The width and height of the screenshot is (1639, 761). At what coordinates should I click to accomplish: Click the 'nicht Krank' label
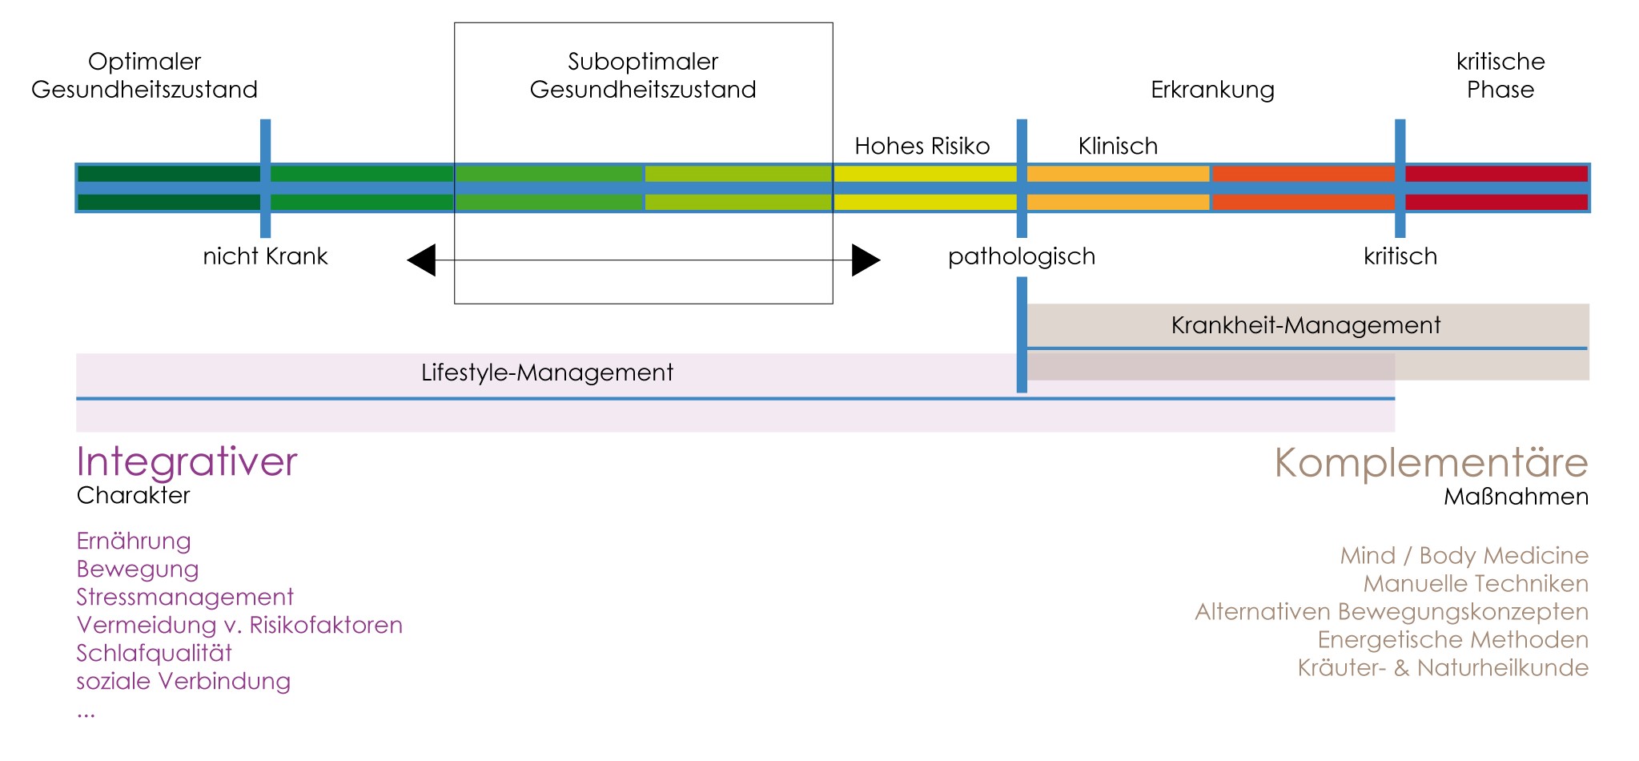pyautogui.click(x=265, y=256)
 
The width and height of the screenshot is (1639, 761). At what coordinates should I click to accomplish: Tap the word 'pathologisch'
pyautogui.click(x=1021, y=256)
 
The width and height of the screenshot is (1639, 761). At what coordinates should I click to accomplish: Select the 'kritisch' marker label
pyautogui.click(x=1400, y=256)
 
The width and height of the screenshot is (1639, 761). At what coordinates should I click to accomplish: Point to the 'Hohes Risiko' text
pyautogui.click(x=922, y=146)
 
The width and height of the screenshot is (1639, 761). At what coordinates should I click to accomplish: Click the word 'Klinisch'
pyautogui.click(x=1117, y=146)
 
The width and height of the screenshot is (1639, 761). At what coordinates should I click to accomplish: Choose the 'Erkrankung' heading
pyautogui.click(x=1211, y=90)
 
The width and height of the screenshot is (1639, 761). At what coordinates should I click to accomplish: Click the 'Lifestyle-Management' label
pyautogui.click(x=547, y=372)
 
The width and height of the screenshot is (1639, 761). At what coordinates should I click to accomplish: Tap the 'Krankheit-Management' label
pyautogui.click(x=1305, y=325)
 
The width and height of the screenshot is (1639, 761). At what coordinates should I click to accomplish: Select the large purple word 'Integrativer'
pyautogui.click(x=187, y=461)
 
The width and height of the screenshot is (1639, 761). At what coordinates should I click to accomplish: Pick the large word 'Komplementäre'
pyautogui.click(x=1431, y=462)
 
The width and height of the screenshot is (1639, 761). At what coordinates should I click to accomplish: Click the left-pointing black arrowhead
pyautogui.click(x=422, y=260)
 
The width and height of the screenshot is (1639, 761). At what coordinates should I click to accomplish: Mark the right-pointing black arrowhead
pyautogui.click(x=865, y=260)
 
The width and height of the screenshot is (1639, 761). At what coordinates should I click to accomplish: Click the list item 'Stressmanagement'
pyautogui.click(x=185, y=597)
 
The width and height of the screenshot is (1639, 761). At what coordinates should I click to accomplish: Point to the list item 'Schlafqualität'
pyautogui.click(x=154, y=653)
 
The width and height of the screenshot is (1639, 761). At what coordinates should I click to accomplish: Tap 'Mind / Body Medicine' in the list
pyautogui.click(x=1464, y=555)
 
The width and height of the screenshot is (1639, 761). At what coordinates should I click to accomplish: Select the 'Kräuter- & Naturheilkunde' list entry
pyautogui.click(x=1442, y=667)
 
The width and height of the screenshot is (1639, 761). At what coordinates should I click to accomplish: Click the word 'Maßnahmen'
pyautogui.click(x=1516, y=497)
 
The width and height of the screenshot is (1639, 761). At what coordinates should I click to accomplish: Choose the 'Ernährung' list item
pyautogui.click(x=134, y=541)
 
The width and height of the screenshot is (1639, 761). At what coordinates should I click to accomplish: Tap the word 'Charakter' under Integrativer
pyautogui.click(x=133, y=495)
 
